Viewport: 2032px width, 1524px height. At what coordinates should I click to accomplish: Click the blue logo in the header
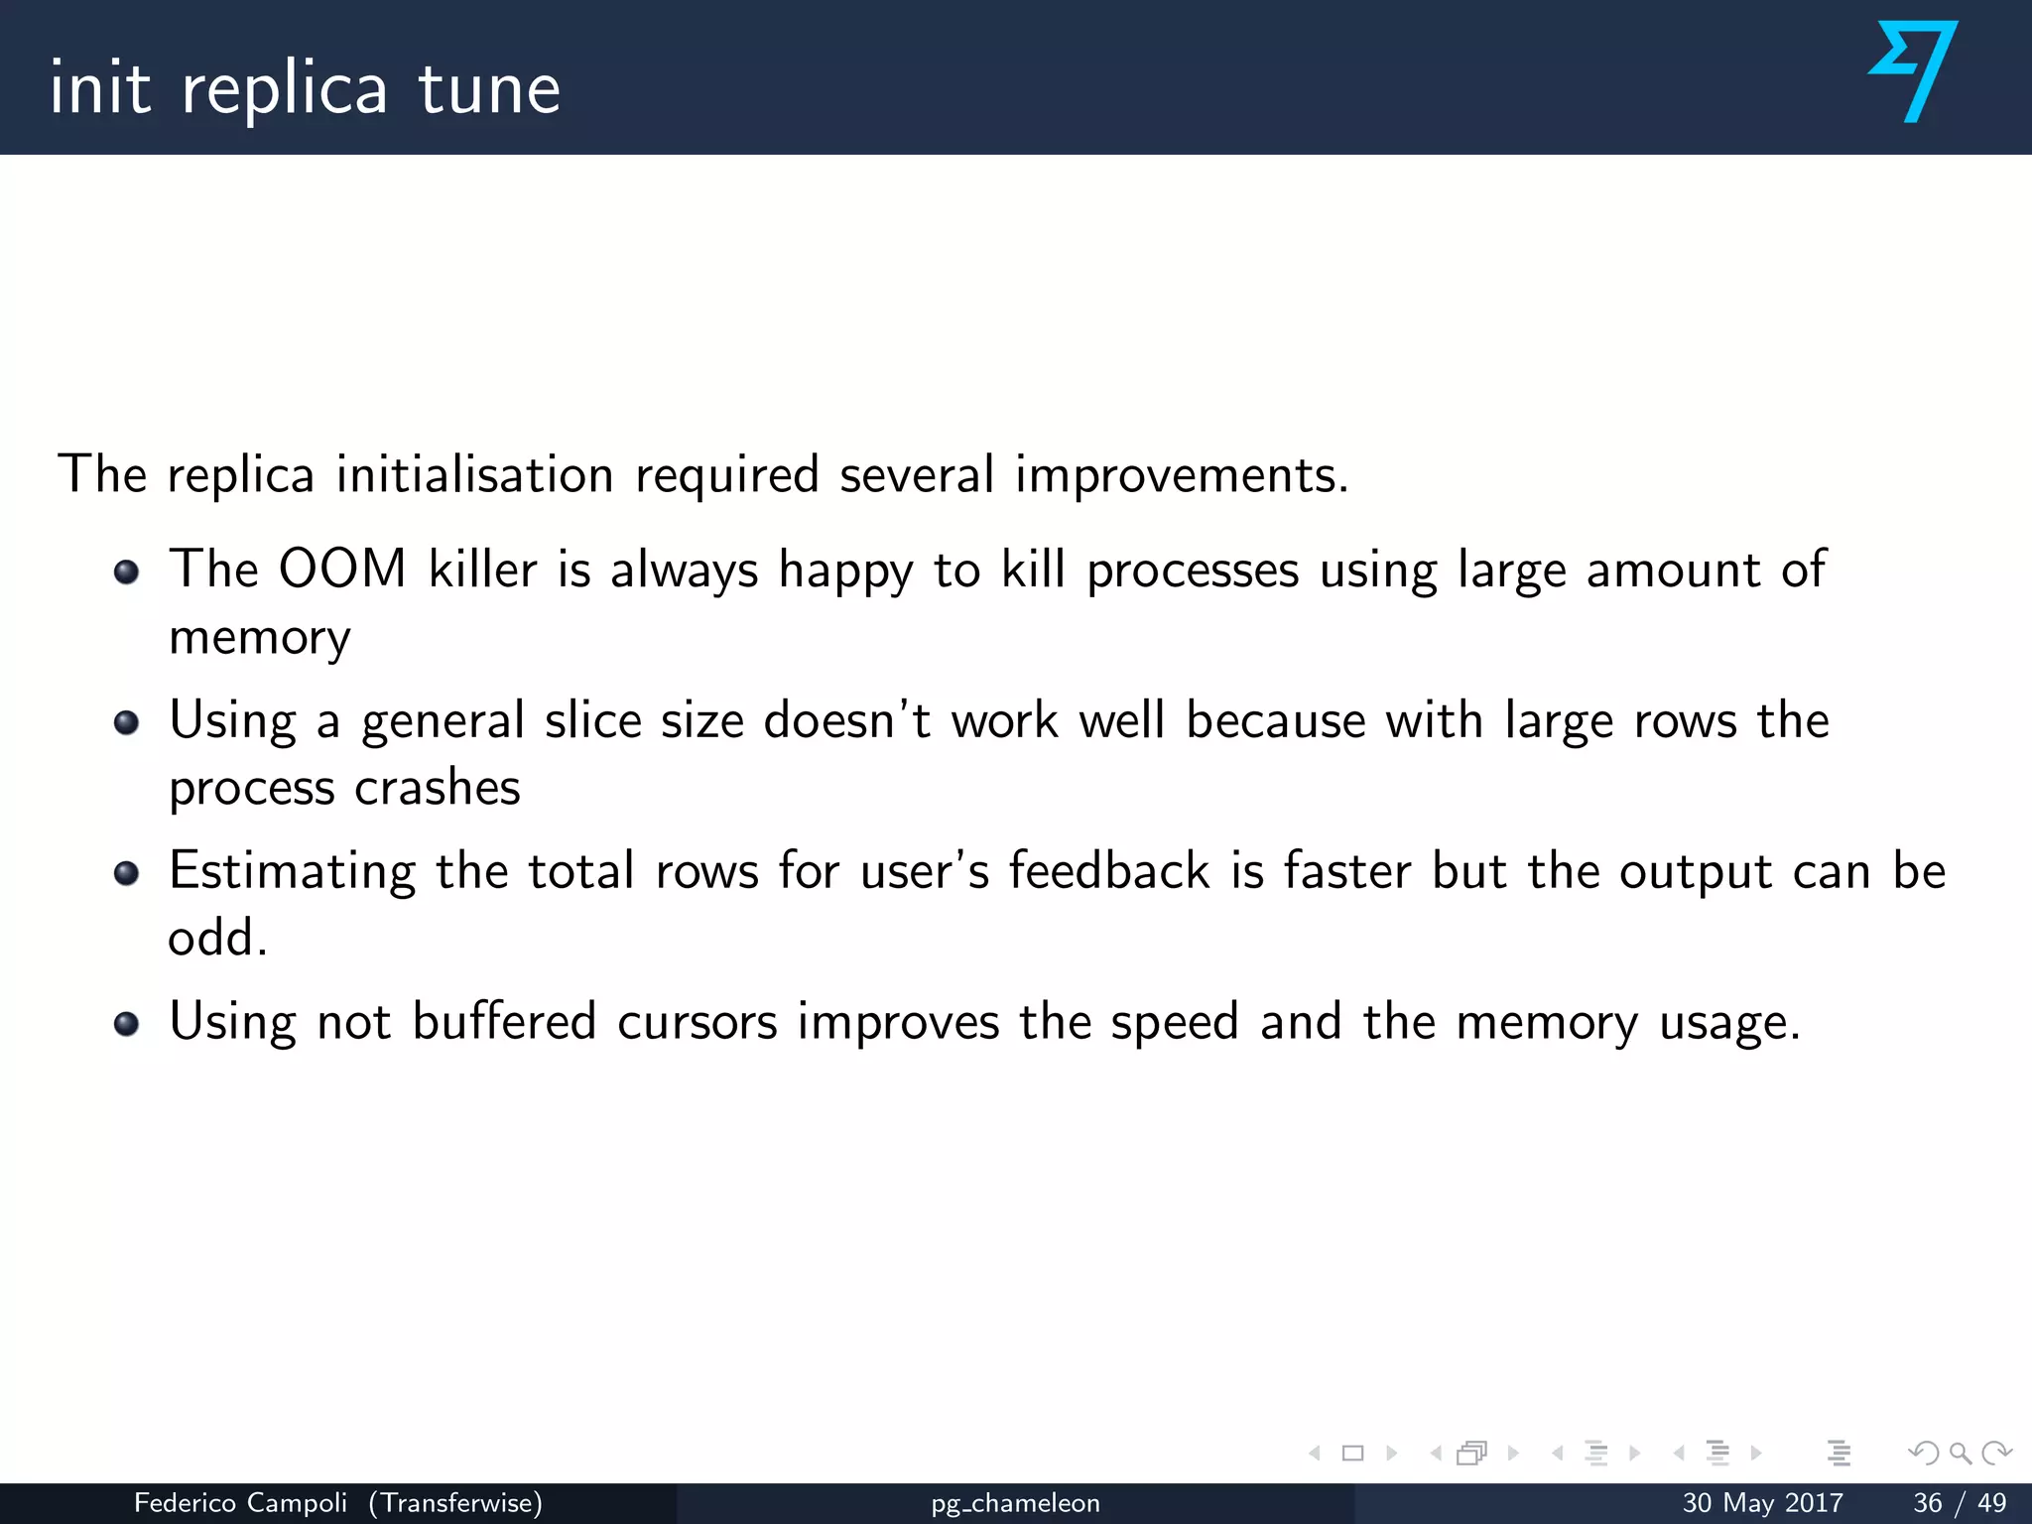1913,71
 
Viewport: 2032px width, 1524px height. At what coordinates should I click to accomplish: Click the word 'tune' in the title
489,89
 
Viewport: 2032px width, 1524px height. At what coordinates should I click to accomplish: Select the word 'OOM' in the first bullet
342,570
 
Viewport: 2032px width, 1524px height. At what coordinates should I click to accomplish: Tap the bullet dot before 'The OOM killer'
126,572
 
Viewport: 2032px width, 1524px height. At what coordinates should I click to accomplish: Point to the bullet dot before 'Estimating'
126,873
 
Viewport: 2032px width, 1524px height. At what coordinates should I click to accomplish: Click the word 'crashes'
438,789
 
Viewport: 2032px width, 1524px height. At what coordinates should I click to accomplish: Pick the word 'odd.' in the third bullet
217,938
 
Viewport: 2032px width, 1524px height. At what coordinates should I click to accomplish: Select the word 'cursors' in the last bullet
697,1022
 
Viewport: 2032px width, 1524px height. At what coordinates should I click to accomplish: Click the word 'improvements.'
1182,475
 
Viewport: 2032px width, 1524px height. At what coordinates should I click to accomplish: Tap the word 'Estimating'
292,872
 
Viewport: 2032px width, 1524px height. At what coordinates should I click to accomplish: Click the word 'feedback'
1109,871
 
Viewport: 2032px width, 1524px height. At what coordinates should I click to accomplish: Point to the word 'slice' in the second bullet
592,720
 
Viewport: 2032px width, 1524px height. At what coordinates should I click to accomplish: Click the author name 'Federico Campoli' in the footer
240,1503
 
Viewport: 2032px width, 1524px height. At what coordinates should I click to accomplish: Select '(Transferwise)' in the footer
455,1503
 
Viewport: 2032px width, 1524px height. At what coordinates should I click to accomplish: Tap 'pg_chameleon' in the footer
1015,1504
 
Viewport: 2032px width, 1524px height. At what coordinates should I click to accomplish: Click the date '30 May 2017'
1762,1503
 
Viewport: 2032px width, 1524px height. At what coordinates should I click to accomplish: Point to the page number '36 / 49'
1960,1503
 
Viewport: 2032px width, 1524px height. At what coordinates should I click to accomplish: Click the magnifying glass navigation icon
1960,1454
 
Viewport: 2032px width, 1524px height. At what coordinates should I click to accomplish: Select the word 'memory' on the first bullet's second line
260,638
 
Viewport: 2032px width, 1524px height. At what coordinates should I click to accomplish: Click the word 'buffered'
504,1022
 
